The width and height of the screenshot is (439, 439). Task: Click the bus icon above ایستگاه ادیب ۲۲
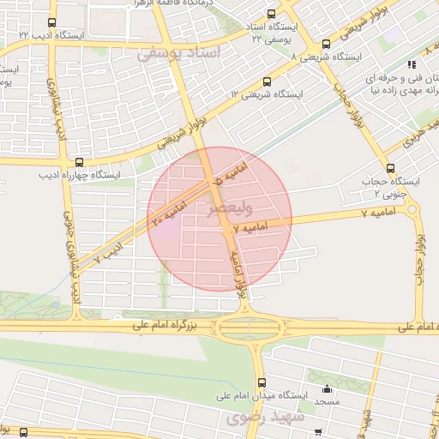coord(51,23)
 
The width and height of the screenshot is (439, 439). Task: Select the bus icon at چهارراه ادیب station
coord(80,161)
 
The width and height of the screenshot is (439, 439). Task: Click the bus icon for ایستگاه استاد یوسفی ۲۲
coord(272,15)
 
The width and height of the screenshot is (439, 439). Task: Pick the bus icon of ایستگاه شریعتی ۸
coord(326,45)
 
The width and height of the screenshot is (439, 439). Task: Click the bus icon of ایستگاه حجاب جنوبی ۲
coord(391,168)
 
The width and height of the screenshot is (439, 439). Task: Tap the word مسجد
coord(327,401)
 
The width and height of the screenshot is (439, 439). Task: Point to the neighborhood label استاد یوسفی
coord(179,53)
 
